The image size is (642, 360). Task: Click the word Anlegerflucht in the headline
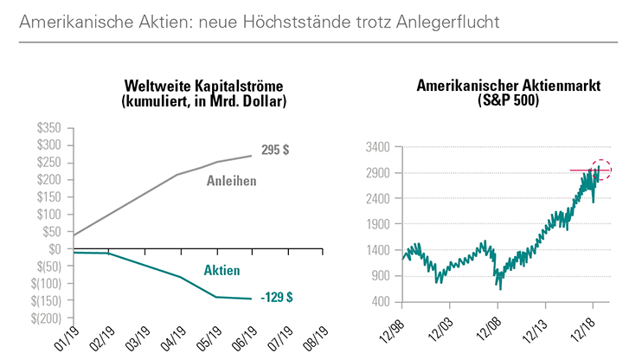[450, 20]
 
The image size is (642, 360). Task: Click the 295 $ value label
[275, 150]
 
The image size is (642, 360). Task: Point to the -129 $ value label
[276, 297]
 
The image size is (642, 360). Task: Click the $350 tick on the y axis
[49, 127]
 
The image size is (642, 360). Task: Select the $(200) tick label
[47, 318]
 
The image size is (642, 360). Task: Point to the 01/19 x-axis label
[61, 336]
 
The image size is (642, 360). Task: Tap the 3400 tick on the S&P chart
[377, 146]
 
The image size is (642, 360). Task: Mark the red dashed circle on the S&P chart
[600, 170]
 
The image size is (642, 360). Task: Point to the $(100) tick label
[47, 283]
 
